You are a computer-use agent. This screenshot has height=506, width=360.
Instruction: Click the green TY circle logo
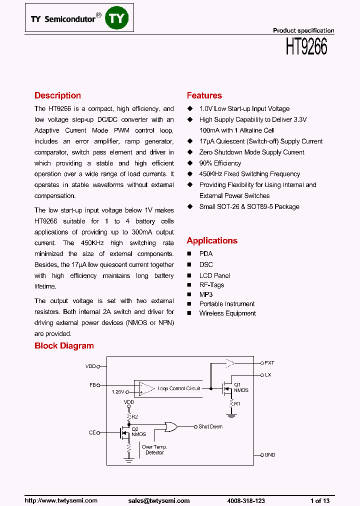[x=119, y=18]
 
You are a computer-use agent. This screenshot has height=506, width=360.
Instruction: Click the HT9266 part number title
[x=306, y=47]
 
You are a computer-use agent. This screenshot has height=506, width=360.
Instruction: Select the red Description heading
[x=57, y=95]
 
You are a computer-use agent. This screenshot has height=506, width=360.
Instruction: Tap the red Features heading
[x=204, y=95]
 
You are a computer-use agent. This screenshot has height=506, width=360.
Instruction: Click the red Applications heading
[x=212, y=240]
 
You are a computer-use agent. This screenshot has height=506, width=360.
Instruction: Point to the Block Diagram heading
[x=64, y=345]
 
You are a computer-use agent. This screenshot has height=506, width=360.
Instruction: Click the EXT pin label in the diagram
[x=269, y=363]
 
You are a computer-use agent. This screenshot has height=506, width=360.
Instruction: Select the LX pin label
[x=267, y=374]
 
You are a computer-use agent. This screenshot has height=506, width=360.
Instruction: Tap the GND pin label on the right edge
[x=269, y=455]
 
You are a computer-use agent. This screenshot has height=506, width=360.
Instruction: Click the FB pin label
[x=93, y=385]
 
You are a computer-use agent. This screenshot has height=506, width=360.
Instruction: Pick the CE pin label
[x=92, y=432]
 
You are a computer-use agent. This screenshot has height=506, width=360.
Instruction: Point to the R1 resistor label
[x=237, y=403]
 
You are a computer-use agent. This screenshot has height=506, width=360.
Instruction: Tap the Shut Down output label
[x=210, y=426]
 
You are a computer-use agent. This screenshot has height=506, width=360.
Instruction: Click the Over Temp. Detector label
[x=154, y=449]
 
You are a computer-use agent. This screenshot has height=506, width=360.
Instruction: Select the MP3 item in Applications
[x=206, y=294]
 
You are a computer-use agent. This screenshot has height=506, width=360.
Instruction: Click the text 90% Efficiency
[x=220, y=163]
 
